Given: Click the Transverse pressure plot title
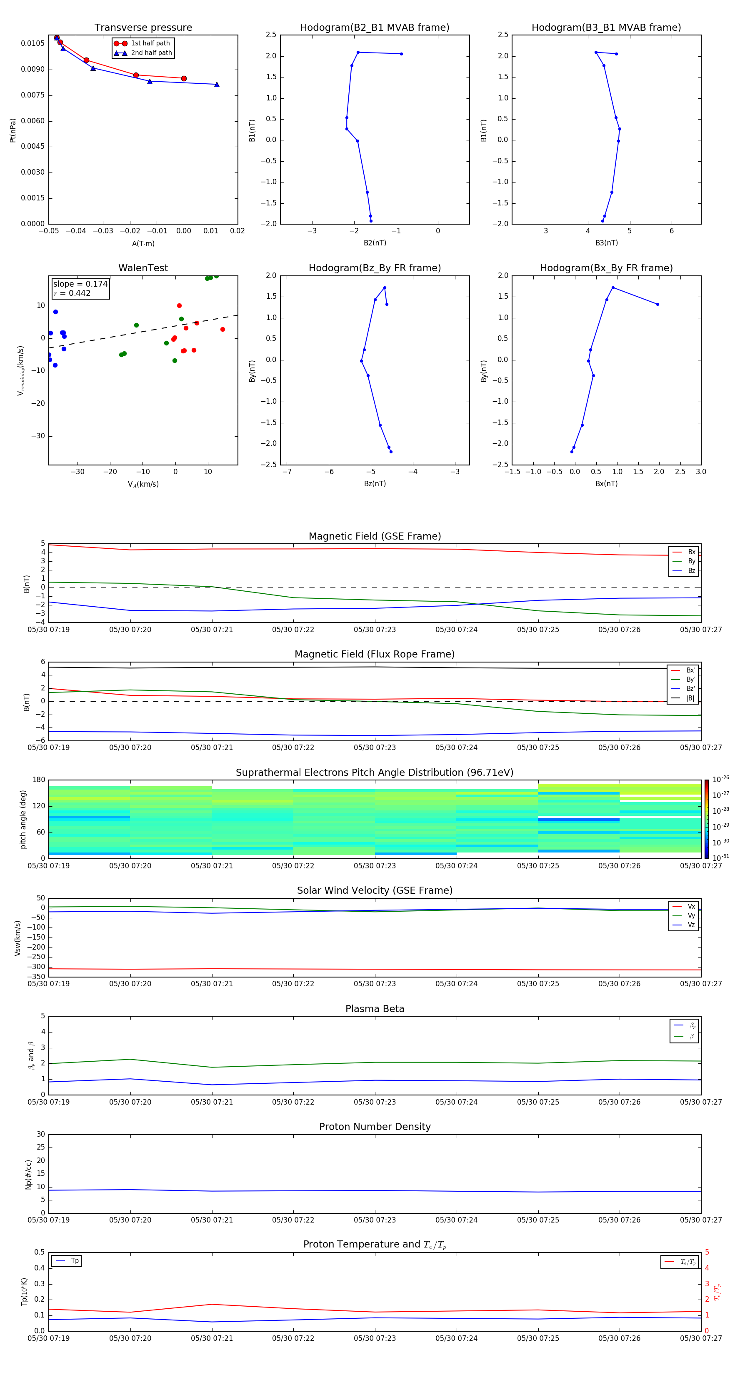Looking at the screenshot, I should point(143,28).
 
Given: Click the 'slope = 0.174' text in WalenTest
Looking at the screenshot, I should point(80,284).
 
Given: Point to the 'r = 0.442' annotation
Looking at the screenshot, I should point(72,293).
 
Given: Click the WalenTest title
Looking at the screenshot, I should point(143,268).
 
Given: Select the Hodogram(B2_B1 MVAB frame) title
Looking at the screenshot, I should point(374,28).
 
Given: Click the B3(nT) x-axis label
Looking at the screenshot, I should point(606,243).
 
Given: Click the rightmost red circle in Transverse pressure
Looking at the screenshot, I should point(184,78).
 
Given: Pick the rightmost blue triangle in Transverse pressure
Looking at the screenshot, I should point(217,84).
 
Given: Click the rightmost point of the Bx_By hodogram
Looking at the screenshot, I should point(657,304).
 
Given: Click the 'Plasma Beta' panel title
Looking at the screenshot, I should point(374,1009).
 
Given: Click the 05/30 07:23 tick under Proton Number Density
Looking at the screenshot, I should point(375,1220).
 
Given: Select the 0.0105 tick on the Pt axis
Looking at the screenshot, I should point(32,43).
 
